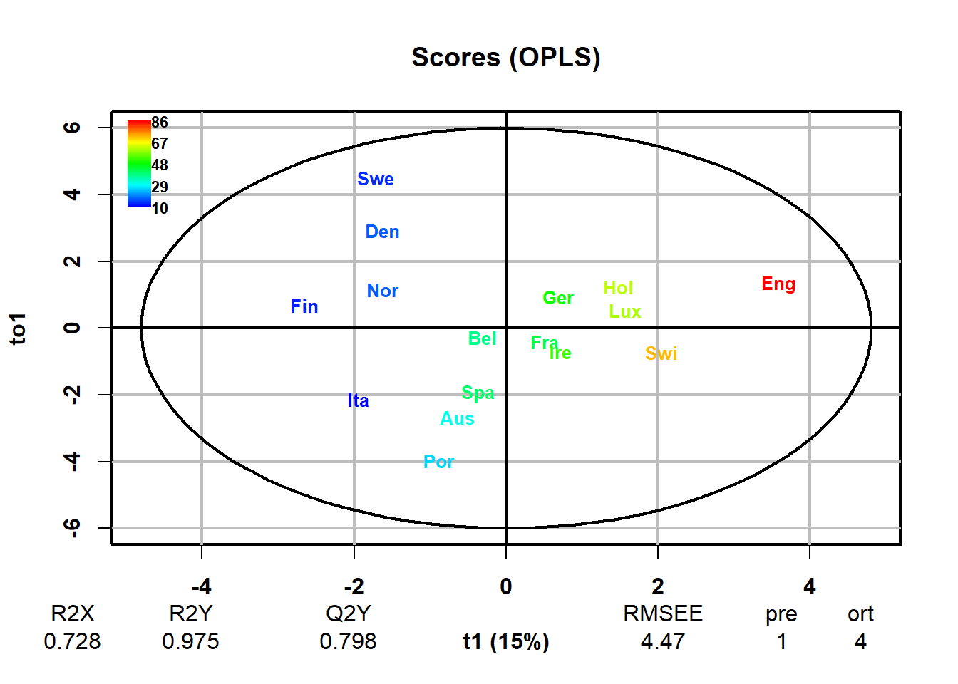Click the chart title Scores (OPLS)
pyautogui.click(x=506, y=57)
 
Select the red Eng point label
pyautogui.click(x=778, y=284)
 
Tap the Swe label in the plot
pyautogui.click(x=376, y=180)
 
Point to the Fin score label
pyautogui.click(x=304, y=307)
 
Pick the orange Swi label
pyautogui.click(x=661, y=353)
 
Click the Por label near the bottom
pyautogui.click(x=438, y=462)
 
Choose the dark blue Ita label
pyautogui.click(x=359, y=401)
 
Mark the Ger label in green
pyautogui.click(x=558, y=299)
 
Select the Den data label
pyautogui.click(x=382, y=232)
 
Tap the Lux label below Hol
pyautogui.click(x=625, y=312)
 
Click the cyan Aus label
pyautogui.click(x=457, y=419)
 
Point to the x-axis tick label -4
pyautogui.click(x=202, y=586)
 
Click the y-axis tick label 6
pyautogui.click(x=72, y=128)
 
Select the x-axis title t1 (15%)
pyautogui.click(x=506, y=642)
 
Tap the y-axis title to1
pyautogui.click(x=18, y=328)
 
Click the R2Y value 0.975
pyautogui.click(x=190, y=642)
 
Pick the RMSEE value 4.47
pyautogui.click(x=663, y=642)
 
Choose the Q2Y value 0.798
pyautogui.click(x=348, y=642)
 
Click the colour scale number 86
pyautogui.click(x=160, y=123)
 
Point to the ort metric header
pyautogui.click(x=860, y=614)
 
